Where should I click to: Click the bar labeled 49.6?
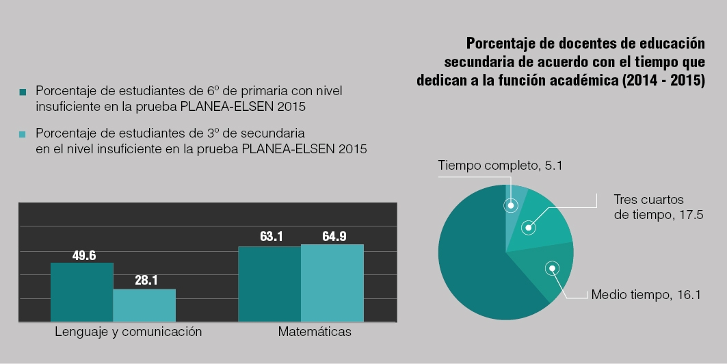point(81,292)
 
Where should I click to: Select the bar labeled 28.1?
point(144,305)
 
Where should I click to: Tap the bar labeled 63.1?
point(269,284)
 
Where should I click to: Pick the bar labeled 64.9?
point(332,283)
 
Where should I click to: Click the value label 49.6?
point(84,256)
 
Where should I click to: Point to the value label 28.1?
point(146,281)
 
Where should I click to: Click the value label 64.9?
point(334,237)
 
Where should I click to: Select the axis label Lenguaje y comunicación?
point(129,332)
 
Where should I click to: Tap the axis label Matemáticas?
point(315,332)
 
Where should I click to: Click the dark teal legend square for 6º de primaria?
point(23,92)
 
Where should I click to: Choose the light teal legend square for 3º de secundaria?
point(23,133)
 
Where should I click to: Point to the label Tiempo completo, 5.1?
point(500,165)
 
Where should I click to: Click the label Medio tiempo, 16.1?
point(646,295)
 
